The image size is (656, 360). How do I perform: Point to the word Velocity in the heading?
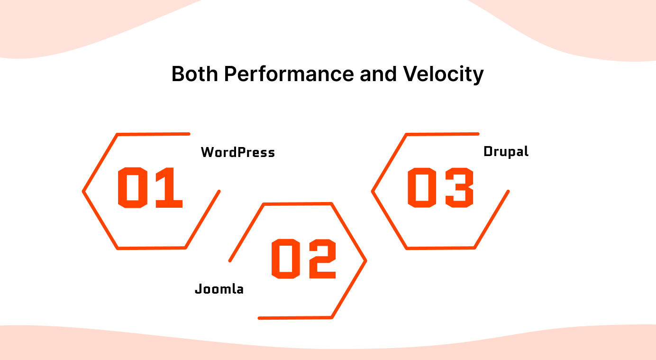(x=443, y=74)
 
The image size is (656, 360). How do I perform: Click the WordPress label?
(x=237, y=152)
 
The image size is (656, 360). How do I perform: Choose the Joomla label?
(x=219, y=289)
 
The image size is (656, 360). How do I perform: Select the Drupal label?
(x=506, y=151)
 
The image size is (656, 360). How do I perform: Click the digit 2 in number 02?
(x=321, y=258)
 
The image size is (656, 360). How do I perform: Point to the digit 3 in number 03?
(x=458, y=187)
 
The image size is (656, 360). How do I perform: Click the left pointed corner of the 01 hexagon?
(x=84, y=192)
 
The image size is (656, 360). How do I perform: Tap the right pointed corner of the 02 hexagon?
(x=365, y=260)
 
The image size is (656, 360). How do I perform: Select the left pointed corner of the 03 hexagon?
(x=373, y=192)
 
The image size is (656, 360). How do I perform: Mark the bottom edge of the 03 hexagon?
(x=441, y=248)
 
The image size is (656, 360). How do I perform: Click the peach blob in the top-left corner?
(x=57, y=24)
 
